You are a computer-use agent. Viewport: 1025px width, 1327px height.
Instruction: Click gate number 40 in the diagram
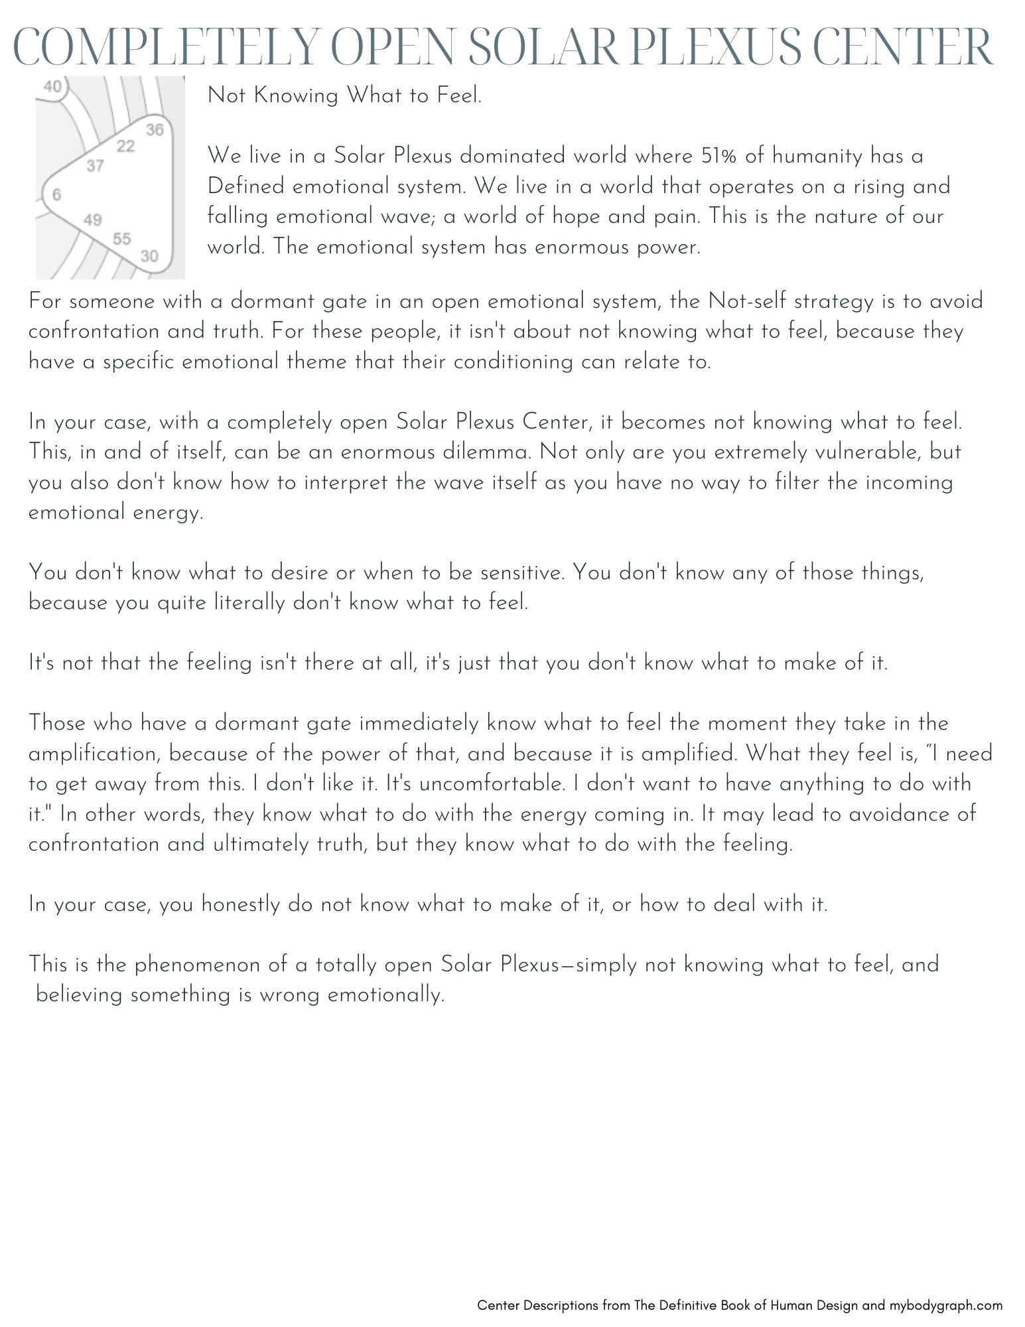click(x=53, y=86)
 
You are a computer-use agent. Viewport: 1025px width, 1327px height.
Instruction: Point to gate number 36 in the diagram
click(x=155, y=129)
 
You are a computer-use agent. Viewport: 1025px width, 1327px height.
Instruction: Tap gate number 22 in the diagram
click(x=125, y=146)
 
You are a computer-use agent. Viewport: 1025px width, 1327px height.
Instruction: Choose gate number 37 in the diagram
click(x=96, y=166)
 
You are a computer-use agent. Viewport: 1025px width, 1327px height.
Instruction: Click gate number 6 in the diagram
click(x=56, y=194)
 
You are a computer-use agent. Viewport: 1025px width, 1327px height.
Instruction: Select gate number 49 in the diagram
click(x=93, y=220)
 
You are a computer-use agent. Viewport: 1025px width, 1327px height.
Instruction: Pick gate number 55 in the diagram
click(x=122, y=238)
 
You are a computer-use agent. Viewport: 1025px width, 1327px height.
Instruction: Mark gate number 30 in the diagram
click(x=150, y=255)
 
